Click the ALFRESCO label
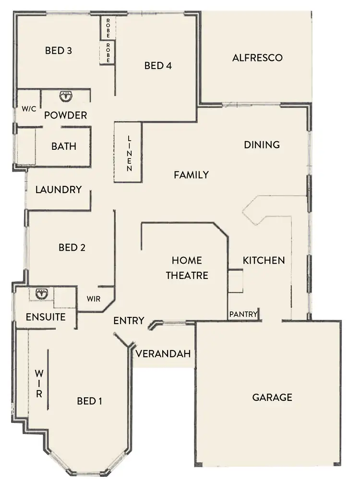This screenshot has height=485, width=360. (257, 58)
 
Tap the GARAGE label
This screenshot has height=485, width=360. (272, 397)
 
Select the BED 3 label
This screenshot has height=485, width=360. (59, 50)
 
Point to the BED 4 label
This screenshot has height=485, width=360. (158, 66)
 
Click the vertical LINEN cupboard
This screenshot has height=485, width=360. (128, 153)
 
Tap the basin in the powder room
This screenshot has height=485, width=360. (65, 97)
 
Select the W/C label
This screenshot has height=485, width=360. (29, 109)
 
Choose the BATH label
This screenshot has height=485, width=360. (64, 146)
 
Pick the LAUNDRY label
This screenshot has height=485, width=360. (59, 190)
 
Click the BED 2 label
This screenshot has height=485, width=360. (72, 248)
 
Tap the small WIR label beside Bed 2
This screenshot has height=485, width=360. (94, 299)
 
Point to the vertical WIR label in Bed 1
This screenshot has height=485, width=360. (39, 384)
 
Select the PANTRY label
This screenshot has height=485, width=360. (243, 315)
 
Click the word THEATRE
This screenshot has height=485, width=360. (187, 276)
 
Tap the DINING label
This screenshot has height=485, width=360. (262, 145)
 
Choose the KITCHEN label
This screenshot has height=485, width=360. (264, 260)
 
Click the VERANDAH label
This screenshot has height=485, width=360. (164, 354)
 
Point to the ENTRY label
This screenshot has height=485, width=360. (129, 321)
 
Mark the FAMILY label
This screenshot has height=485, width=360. (191, 175)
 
